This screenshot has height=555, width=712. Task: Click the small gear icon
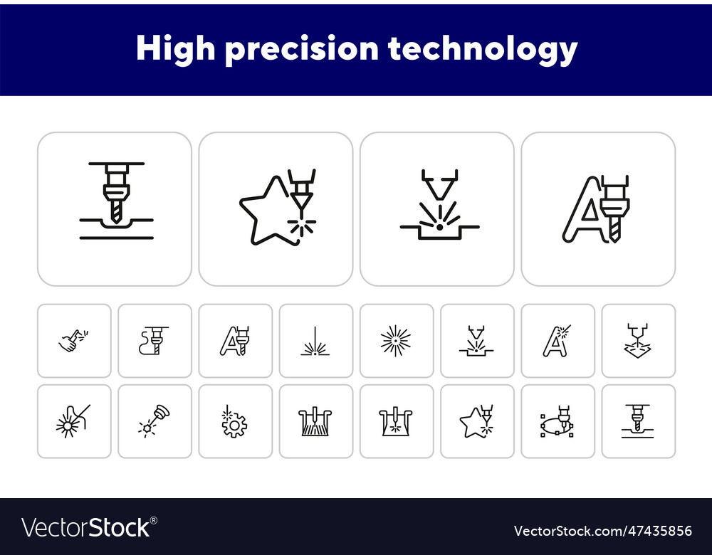234,424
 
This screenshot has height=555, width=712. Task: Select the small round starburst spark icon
396,341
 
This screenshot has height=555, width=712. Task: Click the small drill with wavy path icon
154,341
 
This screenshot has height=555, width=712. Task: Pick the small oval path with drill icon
557,422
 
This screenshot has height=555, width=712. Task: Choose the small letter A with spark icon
557,341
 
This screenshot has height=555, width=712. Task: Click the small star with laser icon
476,422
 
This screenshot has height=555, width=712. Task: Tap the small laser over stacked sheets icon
638,341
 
